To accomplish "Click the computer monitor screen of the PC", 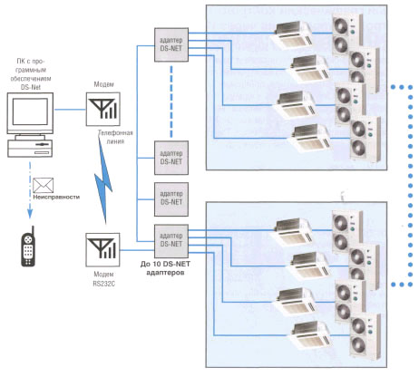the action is point(30,111).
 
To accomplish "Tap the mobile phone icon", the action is point(28,246).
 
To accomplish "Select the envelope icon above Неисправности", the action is point(43,185).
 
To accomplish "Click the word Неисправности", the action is point(56,197).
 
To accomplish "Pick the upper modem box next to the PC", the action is point(103,109).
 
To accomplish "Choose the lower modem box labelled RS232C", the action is point(102,249).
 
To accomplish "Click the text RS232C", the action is point(104,284).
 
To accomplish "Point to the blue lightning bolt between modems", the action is point(103,179).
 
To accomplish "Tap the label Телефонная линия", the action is point(115,137).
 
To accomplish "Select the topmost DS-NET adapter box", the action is point(171,44).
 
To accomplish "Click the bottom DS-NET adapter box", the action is point(171,241).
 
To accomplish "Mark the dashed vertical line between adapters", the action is point(171,101).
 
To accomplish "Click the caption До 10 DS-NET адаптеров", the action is point(165,268).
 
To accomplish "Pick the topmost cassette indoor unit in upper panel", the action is point(291,35).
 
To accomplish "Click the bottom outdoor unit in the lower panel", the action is point(365,336).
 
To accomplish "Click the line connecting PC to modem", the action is point(70,110).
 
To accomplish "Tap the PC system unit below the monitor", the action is point(30,148).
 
